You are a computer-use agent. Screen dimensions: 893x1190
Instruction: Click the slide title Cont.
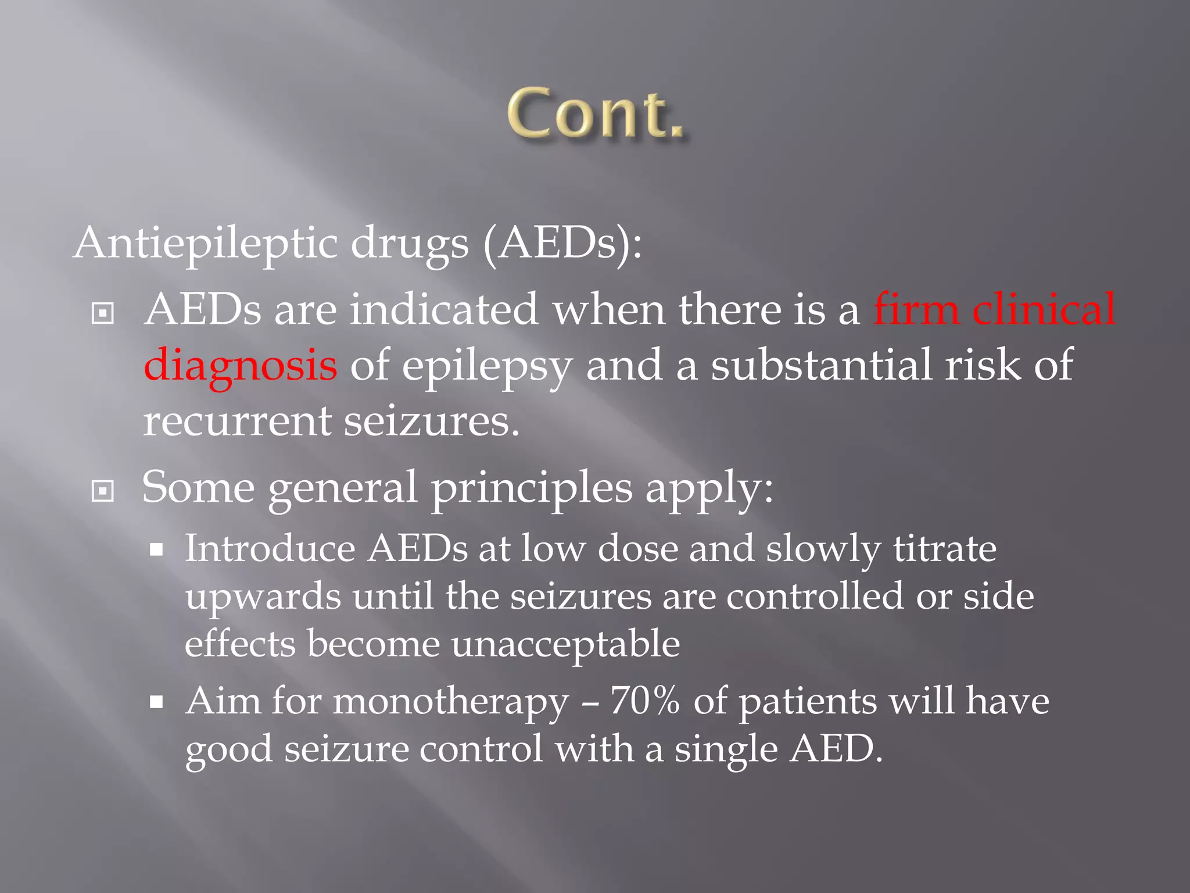click(596, 114)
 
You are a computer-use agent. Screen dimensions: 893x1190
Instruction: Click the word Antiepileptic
click(206, 243)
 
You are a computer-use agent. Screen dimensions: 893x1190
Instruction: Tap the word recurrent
click(236, 421)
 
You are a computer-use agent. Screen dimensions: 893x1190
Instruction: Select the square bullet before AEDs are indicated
click(103, 313)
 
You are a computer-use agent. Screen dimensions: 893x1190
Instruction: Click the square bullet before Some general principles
click(103, 491)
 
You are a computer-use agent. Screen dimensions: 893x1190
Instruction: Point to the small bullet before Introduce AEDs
click(156, 549)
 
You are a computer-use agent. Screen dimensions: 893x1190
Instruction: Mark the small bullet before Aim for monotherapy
click(156, 702)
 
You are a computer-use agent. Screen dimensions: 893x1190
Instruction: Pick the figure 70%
click(644, 701)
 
